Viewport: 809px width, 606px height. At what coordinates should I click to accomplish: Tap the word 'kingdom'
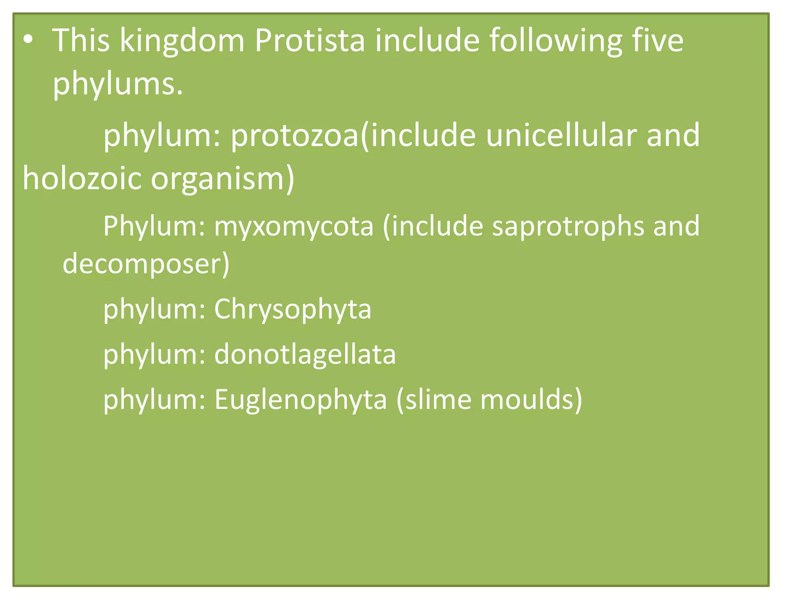[182, 40]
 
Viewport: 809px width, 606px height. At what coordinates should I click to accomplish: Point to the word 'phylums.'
[118, 84]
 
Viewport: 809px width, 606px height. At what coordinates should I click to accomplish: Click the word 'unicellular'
[561, 135]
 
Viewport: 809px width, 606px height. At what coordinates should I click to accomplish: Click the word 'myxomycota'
[293, 226]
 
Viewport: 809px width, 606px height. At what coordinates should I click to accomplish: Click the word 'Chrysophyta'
[292, 309]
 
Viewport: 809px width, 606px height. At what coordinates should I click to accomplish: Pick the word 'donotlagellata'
[305, 354]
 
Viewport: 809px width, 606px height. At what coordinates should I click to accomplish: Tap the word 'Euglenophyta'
[300, 400]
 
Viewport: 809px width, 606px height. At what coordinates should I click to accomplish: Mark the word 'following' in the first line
[555, 41]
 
